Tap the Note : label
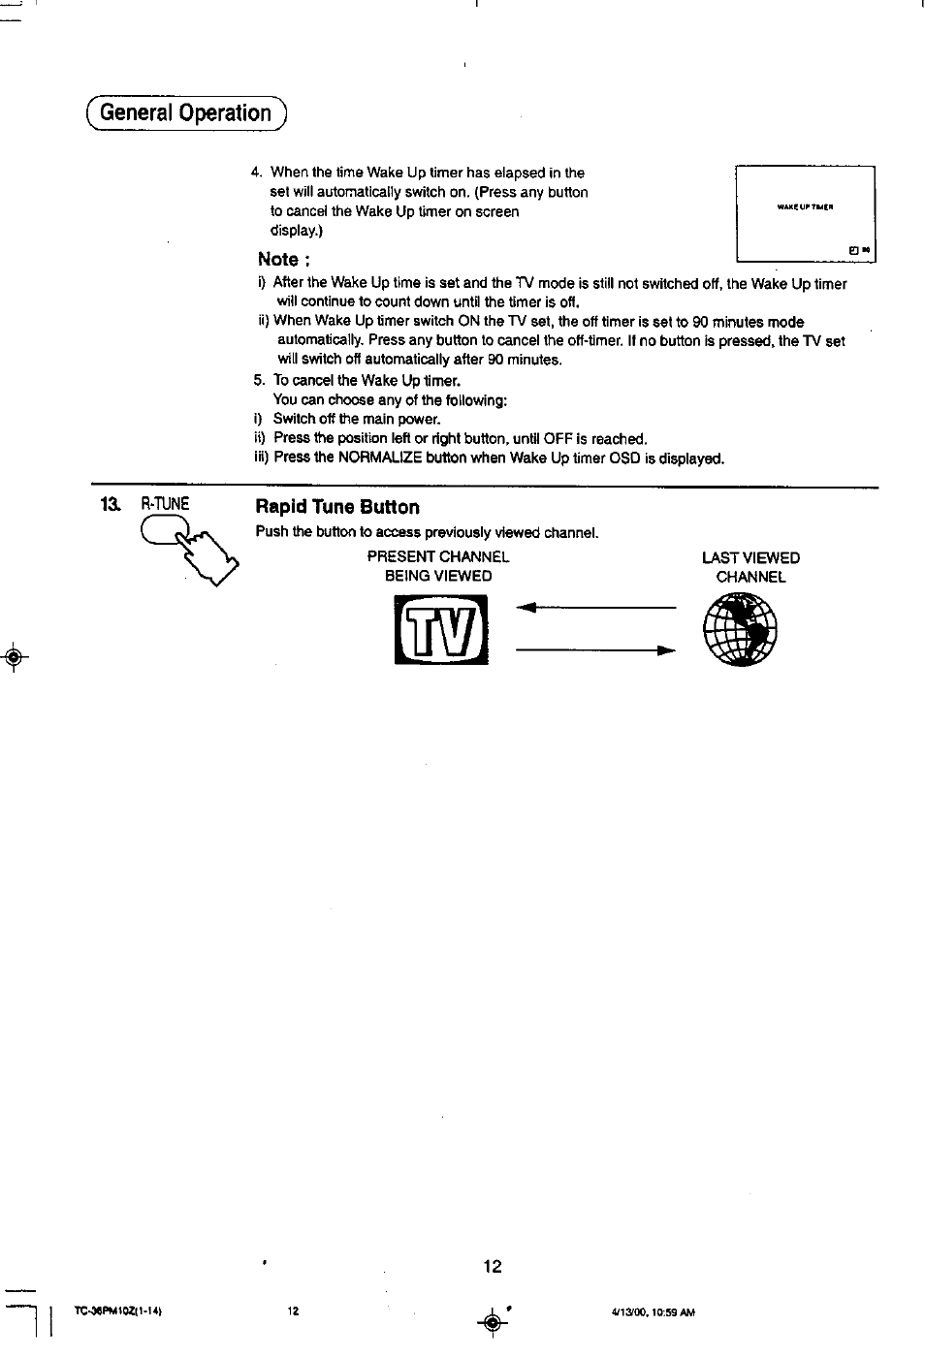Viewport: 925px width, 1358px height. pos(283,259)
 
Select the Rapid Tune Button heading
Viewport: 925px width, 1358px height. pos(337,507)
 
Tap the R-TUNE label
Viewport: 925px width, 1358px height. pos(165,504)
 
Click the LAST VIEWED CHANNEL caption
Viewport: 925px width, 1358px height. pos(750,567)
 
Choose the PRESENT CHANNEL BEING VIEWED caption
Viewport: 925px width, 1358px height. pos(438,566)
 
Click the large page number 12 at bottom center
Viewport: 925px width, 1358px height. pos(493,1266)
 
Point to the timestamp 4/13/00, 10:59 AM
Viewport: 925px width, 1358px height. pos(653,1312)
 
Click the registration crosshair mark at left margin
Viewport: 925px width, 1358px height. pos(13,657)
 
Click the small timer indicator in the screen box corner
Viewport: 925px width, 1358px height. pos(860,251)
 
